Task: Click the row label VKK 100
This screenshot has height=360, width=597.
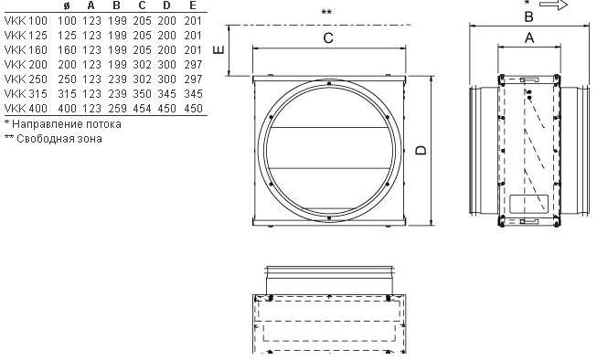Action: [x=26, y=20]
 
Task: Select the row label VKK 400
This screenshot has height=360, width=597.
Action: [x=26, y=109]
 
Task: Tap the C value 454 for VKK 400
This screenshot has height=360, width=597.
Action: [x=142, y=109]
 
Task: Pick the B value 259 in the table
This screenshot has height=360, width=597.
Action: [x=117, y=109]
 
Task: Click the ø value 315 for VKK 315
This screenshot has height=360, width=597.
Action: [x=67, y=93]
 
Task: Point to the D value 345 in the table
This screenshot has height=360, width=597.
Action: [x=166, y=93]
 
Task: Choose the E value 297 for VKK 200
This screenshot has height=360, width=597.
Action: [x=193, y=64]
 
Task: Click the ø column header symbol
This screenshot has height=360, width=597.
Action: [x=67, y=5]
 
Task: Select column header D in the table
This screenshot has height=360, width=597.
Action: [x=166, y=5]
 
